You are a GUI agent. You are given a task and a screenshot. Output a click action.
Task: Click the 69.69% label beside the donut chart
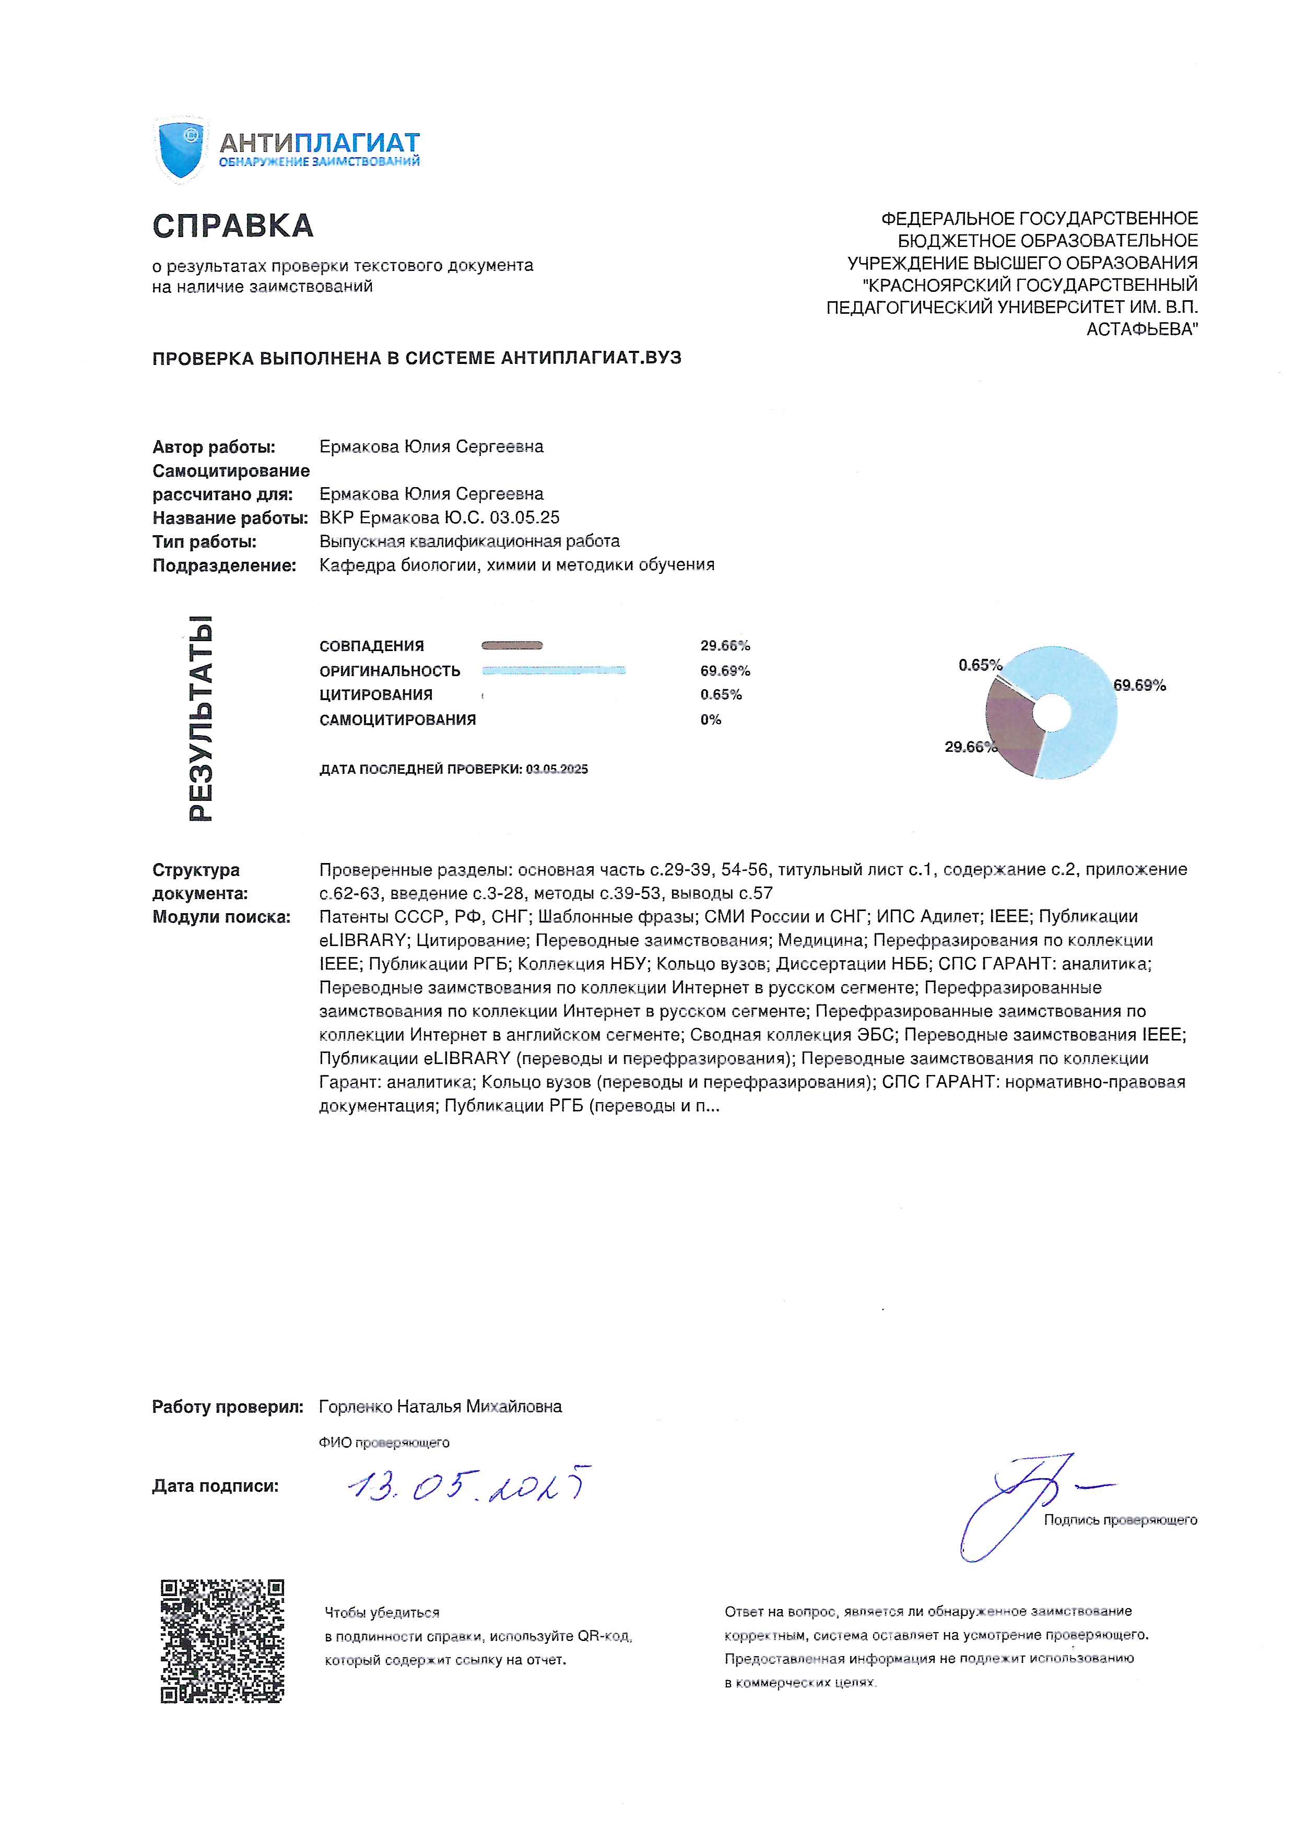pos(1139,685)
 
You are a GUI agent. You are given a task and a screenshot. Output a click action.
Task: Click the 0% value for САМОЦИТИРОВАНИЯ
pos(711,720)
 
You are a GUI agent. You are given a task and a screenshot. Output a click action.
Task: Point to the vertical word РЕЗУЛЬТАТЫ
pos(201,718)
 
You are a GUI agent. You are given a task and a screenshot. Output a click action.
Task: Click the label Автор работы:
pos(214,447)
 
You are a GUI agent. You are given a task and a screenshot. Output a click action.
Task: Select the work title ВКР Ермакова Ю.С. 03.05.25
pos(439,517)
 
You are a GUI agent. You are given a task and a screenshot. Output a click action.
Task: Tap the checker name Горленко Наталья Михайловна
pos(440,1407)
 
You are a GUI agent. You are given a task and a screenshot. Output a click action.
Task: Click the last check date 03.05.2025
pos(557,770)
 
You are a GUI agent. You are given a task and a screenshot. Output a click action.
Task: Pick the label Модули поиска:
pos(221,917)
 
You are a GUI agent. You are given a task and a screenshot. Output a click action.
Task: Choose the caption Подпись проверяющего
pos(1121,1520)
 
